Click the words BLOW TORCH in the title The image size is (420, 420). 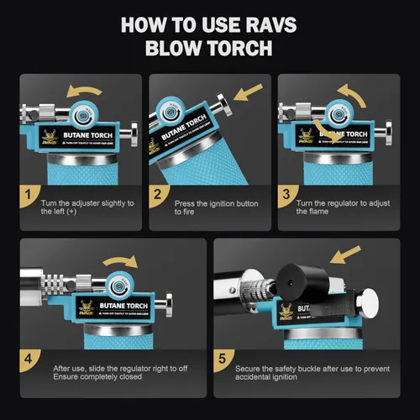click(209, 48)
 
